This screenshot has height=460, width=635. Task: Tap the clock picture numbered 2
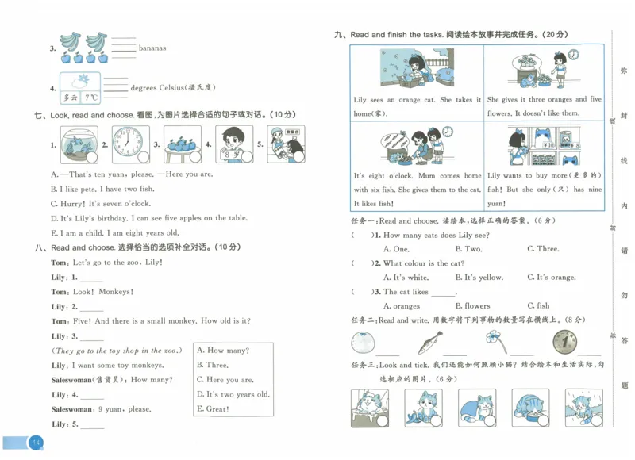(126, 144)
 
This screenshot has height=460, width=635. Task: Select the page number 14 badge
(35, 442)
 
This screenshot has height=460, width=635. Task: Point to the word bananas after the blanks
(152, 48)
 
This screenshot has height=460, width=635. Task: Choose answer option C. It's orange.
(551, 278)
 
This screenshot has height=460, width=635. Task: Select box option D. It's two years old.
(233, 394)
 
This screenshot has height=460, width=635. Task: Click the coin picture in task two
(564, 343)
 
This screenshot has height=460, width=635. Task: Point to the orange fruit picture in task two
(362, 343)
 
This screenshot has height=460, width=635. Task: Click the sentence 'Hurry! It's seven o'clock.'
(102, 203)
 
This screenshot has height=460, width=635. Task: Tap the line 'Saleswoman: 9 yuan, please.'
(101, 409)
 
